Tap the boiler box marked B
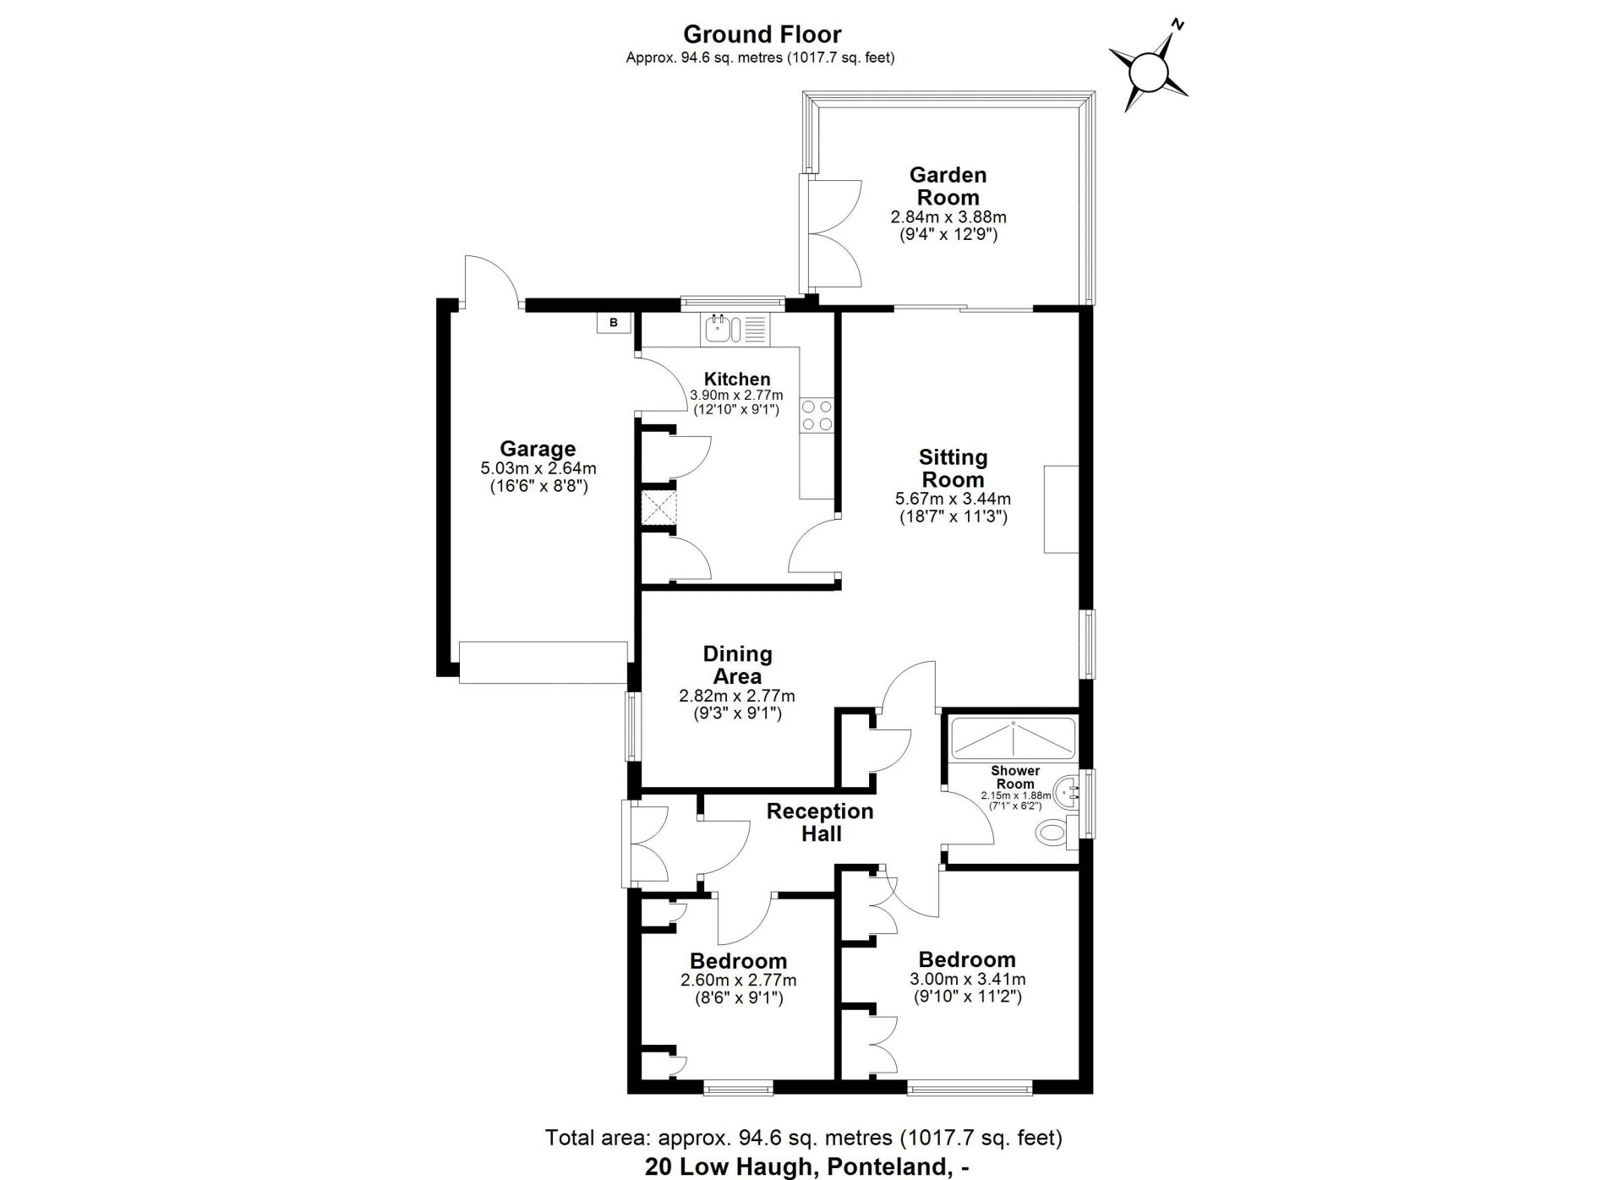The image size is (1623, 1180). (614, 323)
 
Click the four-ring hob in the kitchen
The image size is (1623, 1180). (817, 415)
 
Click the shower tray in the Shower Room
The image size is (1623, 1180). (1013, 738)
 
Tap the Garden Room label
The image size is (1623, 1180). (948, 186)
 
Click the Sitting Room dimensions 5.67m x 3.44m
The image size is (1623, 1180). (954, 499)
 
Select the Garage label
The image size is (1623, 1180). (538, 449)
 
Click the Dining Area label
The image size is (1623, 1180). (738, 665)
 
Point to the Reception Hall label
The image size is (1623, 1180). (820, 822)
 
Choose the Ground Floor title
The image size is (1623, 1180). (762, 34)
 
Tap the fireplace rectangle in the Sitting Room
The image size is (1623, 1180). (1062, 509)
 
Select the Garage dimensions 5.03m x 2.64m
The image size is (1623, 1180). (538, 468)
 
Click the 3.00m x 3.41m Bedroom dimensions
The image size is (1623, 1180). (968, 980)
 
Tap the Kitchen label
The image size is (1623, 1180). (737, 380)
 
